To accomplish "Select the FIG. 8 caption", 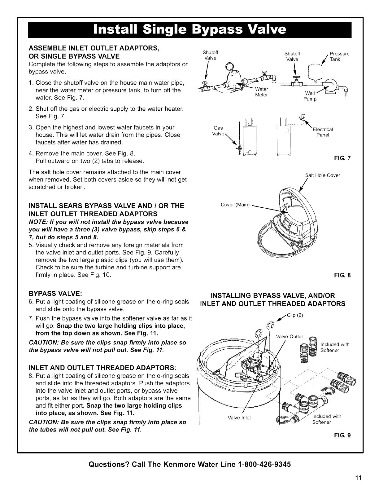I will [345, 275].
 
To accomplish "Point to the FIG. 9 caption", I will [345, 435].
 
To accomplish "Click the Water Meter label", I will [261, 92].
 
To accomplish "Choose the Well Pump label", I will [310, 96].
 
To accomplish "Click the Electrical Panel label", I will [323, 132].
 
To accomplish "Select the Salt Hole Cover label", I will [322, 175].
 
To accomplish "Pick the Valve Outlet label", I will [289, 337].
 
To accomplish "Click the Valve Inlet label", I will [239, 418].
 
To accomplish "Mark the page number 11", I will [358, 477].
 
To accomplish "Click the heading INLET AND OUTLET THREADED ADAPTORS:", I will [102, 368].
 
